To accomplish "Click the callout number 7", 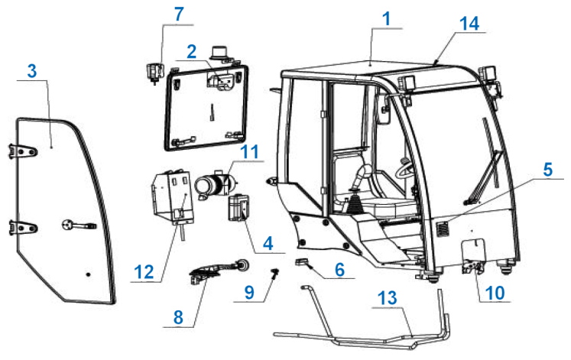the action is click(179, 15).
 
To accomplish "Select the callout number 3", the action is click(32, 70).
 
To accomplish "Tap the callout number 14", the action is click(469, 24).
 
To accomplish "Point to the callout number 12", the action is click(144, 272).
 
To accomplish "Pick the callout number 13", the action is click(387, 298).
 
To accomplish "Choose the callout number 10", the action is click(495, 293).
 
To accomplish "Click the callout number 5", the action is click(547, 170).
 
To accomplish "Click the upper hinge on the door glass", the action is click(23, 151).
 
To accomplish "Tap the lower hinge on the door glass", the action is click(23, 228).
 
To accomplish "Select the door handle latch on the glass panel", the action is click(79, 225).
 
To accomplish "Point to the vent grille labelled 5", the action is click(443, 229).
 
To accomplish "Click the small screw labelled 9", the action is click(274, 272).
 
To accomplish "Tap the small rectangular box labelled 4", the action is click(238, 207).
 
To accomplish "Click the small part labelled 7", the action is click(154, 72).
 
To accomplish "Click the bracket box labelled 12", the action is click(172, 198).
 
